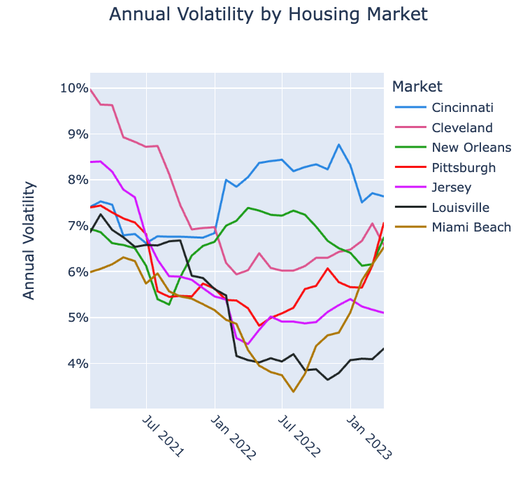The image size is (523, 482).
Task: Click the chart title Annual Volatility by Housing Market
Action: tap(268, 14)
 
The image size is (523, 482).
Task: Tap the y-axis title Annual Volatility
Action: tap(29, 240)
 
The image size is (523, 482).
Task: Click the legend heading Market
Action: tap(417, 87)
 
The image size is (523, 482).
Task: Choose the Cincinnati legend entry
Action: tap(462, 108)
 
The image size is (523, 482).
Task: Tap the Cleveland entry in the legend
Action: tap(462, 128)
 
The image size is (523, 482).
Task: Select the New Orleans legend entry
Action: tap(471, 148)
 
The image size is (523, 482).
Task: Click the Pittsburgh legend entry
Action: tap(464, 168)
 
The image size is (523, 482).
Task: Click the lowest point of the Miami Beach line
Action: tap(294, 392)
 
